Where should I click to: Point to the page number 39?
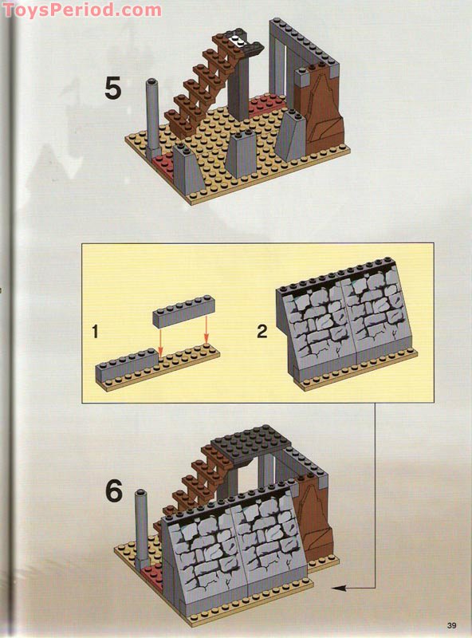coord(452,624)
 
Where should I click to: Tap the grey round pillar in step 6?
coord(144,526)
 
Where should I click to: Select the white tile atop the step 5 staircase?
coord(236,36)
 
